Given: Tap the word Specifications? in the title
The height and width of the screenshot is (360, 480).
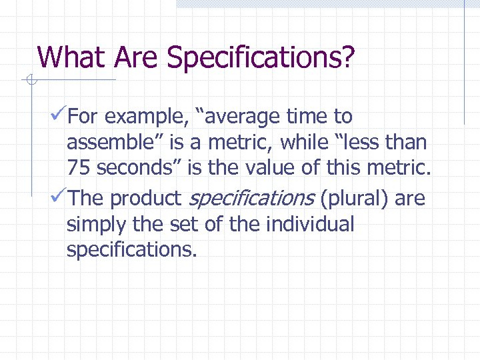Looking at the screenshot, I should point(261,59).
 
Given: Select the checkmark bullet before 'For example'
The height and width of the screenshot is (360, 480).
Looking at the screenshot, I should point(58,117).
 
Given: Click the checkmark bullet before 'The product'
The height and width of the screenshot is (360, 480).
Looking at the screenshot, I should point(58,198).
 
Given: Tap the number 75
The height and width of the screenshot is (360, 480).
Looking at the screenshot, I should point(78,168).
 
